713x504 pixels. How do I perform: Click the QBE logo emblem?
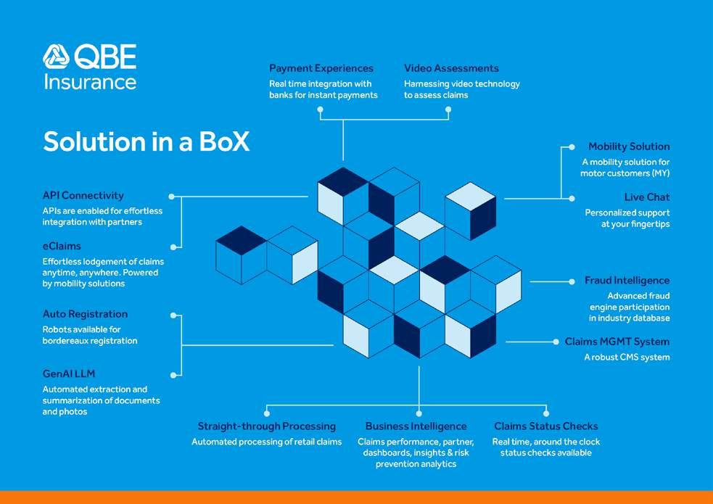(56, 57)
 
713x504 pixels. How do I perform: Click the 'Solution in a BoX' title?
(146, 141)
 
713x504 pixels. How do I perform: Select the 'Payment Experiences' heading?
(321, 68)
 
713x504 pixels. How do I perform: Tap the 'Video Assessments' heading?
(451, 68)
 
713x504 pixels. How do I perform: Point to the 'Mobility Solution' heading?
(629, 146)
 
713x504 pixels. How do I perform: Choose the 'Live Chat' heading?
(647, 197)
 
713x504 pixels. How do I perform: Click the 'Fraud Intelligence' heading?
(627, 281)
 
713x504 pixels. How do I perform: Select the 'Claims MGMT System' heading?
(617, 342)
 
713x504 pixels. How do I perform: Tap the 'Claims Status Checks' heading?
(545, 426)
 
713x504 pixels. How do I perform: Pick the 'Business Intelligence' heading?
(416, 426)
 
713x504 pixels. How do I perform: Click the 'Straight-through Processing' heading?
(266, 426)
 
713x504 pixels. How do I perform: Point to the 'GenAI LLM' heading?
(69, 374)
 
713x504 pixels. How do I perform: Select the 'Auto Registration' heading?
(85, 314)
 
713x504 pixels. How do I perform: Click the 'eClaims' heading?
(62, 247)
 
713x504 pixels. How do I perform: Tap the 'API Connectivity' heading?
(83, 196)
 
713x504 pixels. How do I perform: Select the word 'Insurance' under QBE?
(90, 80)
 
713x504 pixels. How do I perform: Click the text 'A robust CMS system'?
(627, 357)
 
